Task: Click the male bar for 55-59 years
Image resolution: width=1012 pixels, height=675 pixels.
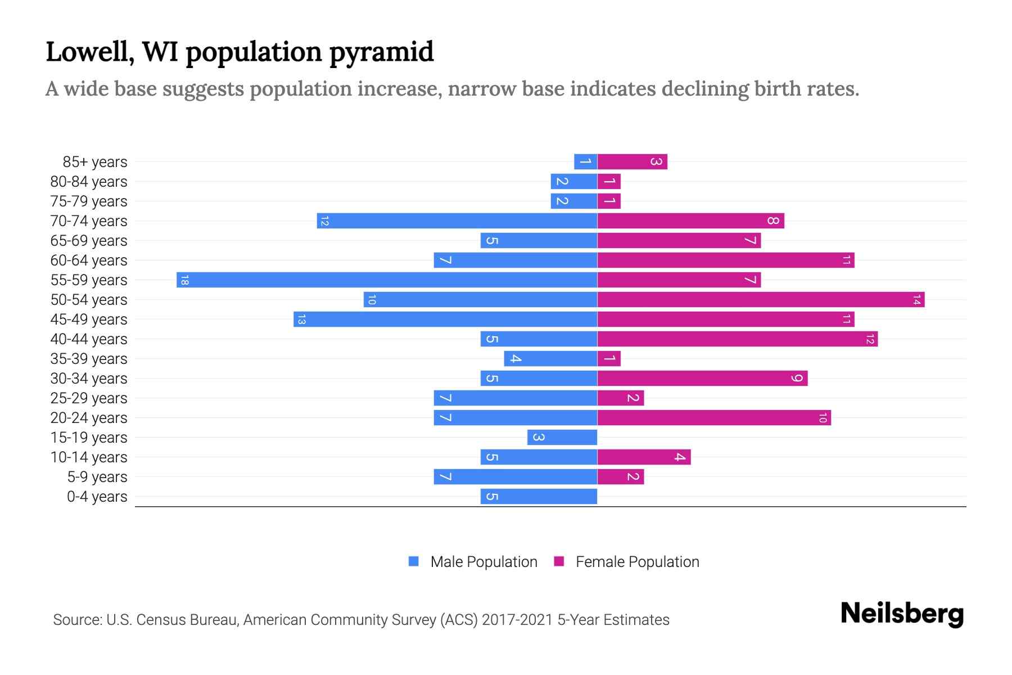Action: pyautogui.click(x=387, y=280)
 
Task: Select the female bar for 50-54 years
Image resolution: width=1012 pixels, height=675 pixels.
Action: pyautogui.click(x=761, y=299)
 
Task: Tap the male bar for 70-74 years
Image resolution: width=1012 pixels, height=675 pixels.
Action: pyautogui.click(x=457, y=220)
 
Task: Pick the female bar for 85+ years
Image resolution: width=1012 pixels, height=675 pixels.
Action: pyautogui.click(x=632, y=161)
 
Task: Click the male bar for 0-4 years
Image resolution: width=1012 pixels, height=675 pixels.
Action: pyautogui.click(x=539, y=496)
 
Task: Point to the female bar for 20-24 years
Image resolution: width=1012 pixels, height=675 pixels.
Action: pyautogui.click(x=714, y=417)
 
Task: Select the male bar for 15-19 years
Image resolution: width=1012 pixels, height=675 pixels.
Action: pyautogui.click(x=562, y=437)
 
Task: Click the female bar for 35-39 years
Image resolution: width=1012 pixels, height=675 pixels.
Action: pyautogui.click(x=609, y=358)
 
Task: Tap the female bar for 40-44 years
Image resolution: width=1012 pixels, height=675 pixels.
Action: pyautogui.click(x=737, y=339)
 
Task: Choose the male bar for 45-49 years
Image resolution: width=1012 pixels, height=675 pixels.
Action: pyautogui.click(x=445, y=319)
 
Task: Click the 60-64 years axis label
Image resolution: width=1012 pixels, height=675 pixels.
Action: pyautogui.click(x=89, y=260)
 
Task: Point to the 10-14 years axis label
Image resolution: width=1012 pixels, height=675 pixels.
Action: pyautogui.click(x=89, y=457)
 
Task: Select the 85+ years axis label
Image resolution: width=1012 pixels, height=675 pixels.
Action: pyautogui.click(x=95, y=162)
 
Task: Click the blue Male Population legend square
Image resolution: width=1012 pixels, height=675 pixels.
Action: pyautogui.click(x=414, y=561)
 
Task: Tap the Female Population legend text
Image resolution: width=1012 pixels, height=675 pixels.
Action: pyautogui.click(x=637, y=562)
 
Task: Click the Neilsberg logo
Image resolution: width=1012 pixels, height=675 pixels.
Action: pyautogui.click(x=902, y=614)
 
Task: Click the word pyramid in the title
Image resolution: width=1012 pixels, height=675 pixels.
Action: pyautogui.click(x=381, y=52)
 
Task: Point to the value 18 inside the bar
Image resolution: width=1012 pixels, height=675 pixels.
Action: pyautogui.click(x=184, y=280)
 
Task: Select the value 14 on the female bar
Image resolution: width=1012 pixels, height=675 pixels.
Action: pyautogui.click(x=916, y=300)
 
